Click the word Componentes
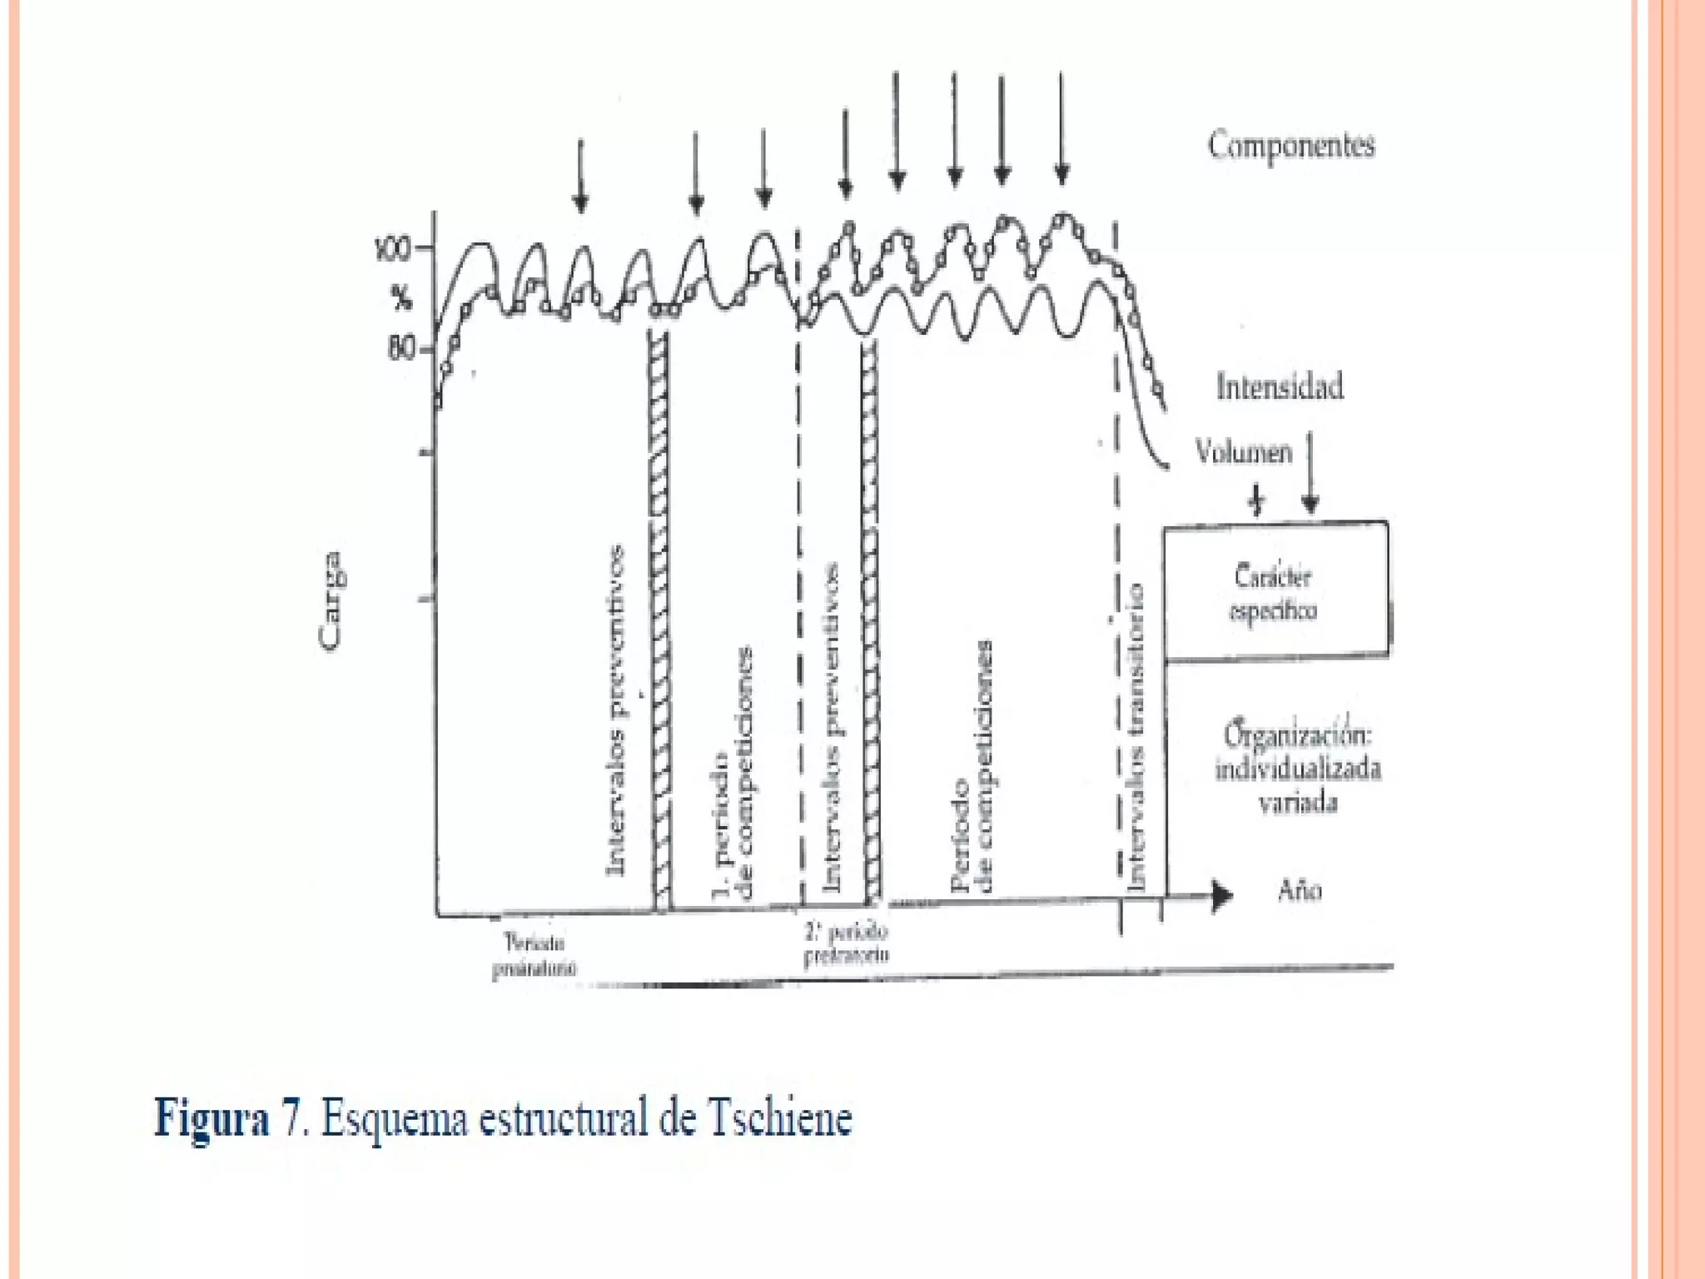[1291, 146]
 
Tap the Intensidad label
[1280, 387]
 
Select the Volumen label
[1244, 452]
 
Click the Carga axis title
[331, 600]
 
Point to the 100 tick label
[393, 249]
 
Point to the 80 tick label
[400, 348]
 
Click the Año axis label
[1299, 892]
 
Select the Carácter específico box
[1275, 591]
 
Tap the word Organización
[1297, 734]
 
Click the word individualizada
[1298, 769]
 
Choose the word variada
[1298, 803]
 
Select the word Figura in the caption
[212, 1117]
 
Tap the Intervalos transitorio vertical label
[1135, 737]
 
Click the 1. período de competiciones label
[734, 774]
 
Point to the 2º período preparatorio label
[846, 943]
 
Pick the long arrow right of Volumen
[1310, 470]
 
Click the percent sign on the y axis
[402, 296]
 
